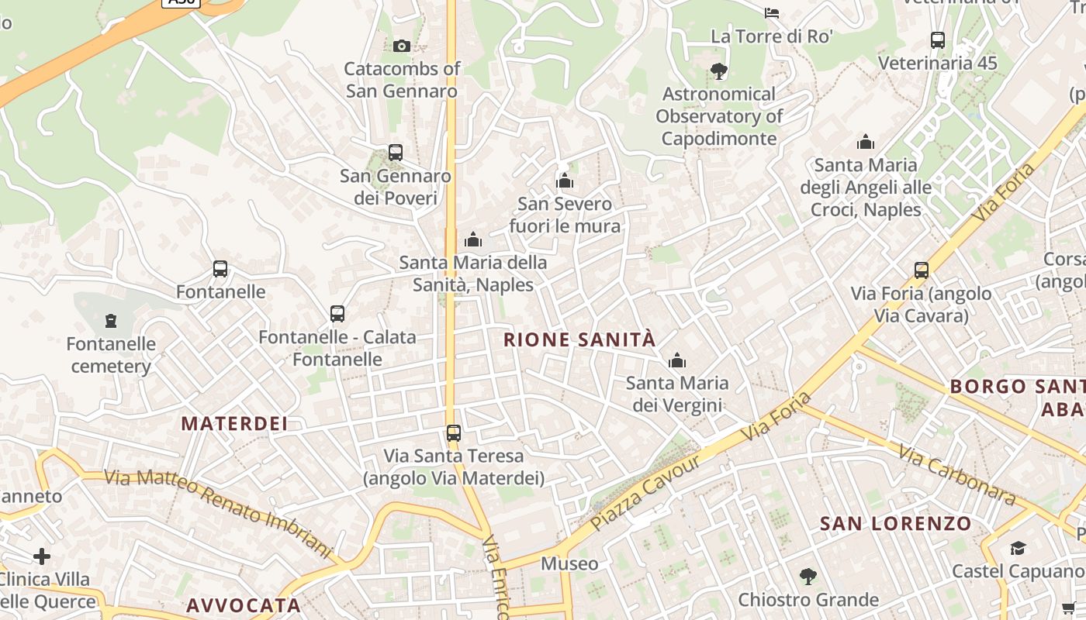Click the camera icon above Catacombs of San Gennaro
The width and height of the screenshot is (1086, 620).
click(401, 46)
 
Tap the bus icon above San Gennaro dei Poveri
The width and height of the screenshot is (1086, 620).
click(396, 153)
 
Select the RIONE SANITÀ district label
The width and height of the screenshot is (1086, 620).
click(579, 339)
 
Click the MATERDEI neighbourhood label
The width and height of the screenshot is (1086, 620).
click(234, 423)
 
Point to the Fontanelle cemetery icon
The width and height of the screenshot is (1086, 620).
click(111, 320)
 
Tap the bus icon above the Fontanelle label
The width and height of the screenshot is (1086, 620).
click(220, 269)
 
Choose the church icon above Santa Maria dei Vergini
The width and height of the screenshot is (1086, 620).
click(677, 360)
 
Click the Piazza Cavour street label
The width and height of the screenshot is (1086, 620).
click(645, 492)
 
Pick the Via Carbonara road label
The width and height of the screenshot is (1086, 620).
click(958, 474)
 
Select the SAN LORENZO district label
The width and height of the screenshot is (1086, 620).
click(896, 523)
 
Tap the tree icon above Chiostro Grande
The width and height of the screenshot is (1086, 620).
click(808, 577)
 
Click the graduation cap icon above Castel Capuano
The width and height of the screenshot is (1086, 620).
click(1018, 549)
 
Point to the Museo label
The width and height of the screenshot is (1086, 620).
click(570, 563)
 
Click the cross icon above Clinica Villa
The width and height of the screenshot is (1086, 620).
click(42, 556)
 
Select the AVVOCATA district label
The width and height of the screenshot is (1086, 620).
click(244, 605)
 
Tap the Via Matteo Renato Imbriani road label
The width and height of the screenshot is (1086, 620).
click(219, 512)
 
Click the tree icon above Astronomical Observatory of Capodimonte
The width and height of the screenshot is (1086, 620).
click(719, 71)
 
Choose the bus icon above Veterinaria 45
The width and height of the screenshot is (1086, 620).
click(937, 40)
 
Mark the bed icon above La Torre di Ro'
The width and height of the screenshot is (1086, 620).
click(772, 12)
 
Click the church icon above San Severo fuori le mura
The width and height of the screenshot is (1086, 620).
click(565, 181)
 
